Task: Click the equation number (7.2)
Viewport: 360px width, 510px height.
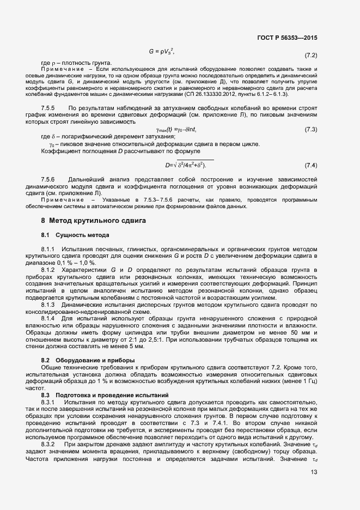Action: [310, 56]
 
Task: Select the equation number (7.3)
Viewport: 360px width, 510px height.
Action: [310, 144]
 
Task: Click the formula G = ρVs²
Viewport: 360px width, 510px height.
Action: [161, 51]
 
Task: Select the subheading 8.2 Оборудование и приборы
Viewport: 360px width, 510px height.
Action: [84, 361]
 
